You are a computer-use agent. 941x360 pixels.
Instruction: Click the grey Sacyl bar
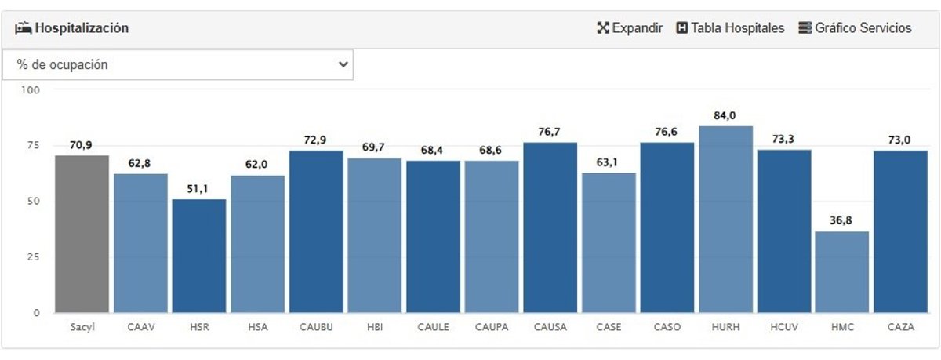(x=82, y=234)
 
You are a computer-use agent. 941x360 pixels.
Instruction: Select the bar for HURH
(x=725, y=220)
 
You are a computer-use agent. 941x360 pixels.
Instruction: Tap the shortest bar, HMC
(x=842, y=271)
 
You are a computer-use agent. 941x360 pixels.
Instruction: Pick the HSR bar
(x=199, y=256)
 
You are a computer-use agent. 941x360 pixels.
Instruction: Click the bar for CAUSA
(x=550, y=227)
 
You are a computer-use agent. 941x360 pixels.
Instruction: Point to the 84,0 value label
(x=725, y=116)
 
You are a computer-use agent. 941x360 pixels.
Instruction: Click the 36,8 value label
(x=841, y=221)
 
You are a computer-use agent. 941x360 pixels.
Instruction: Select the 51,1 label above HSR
(x=198, y=189)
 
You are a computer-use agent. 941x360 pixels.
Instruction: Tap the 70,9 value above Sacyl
(x=81, y=145)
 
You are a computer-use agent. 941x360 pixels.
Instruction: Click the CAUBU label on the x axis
(x=316, y=328)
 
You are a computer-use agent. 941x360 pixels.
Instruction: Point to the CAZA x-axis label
(x=900, y=328)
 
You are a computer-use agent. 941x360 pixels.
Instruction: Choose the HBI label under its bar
(x=374, y=328)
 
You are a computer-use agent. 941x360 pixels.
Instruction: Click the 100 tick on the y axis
(x=31, y=90)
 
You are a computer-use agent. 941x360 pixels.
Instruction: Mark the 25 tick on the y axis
(x=32, y=257)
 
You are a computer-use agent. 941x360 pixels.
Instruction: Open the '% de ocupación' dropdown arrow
(x=343, y=65)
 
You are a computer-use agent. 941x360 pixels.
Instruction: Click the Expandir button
(x=630, y=28)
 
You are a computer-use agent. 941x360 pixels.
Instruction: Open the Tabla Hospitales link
(x=730, y=28)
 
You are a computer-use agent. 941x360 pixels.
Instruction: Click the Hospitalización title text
(x=82, y=28)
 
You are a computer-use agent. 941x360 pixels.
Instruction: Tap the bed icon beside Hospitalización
(x=23, y=28)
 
